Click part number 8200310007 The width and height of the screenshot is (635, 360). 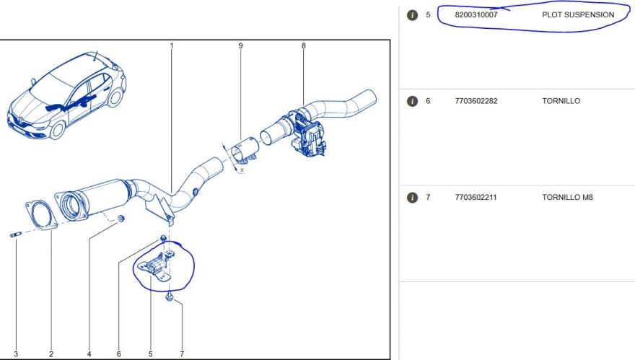(x=476, y=15)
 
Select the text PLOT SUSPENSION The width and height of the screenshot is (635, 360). (x=578, y=15)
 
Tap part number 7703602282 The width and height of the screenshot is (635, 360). (x=476, y=101)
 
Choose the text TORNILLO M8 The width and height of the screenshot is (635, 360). (x=567, y=197)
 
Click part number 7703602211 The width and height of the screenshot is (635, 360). (x=476, y=197)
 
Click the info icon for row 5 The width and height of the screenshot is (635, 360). (x=412, y=15)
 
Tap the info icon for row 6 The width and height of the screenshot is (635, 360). (x=412, y=101)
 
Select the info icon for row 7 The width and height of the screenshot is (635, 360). (x=412, y=198)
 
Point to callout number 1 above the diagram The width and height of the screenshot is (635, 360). (x=171, y=45)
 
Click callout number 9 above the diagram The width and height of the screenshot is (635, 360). (x=240, y=45)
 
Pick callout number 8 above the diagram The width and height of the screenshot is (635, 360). (x=303, y=45)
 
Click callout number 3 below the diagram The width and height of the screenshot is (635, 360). (x=16, y=354)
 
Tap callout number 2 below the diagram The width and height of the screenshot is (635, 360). (x=51, y=354)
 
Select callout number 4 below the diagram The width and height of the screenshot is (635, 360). (x=89, y=354)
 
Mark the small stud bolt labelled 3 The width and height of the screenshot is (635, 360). (x=16, y=235)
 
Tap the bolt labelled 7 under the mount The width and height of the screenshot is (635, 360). (x=170, y=298)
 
